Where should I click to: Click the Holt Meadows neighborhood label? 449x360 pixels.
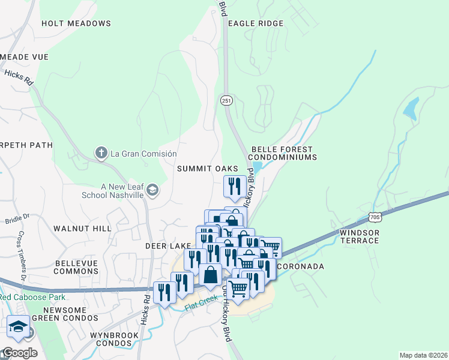76,23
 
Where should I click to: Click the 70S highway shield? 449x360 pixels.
375,216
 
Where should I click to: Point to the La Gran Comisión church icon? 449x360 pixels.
101,154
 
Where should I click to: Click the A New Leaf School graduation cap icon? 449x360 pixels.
152,191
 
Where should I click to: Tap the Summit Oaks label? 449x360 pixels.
207,169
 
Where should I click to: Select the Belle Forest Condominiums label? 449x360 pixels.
283,153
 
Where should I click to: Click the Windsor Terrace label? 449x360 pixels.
360,236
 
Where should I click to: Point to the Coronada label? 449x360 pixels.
300,266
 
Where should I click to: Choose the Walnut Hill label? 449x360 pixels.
82,229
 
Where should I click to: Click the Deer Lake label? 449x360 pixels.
167,246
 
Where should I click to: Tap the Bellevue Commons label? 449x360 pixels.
76,267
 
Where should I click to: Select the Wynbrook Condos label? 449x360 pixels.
110,339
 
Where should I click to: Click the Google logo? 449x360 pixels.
20,352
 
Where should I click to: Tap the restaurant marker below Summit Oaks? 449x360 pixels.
234,186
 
